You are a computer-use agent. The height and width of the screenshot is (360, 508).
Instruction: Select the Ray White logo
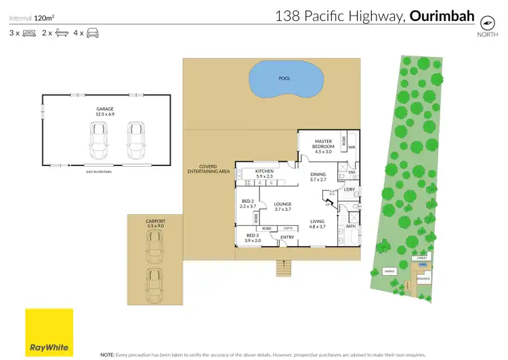(x=49, y=332)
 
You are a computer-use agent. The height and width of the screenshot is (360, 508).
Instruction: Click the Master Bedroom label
(x=323, y=144)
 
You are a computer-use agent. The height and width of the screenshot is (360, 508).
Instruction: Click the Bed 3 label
(x=251, y=237)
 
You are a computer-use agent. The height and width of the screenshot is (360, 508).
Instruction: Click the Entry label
(x=287, y=237)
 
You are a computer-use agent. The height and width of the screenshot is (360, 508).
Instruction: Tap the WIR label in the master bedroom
(x=352, y=146)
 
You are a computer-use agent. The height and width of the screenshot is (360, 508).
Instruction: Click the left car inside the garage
(x=100, y=139)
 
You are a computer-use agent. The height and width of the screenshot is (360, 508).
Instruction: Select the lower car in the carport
(x=154, y=284)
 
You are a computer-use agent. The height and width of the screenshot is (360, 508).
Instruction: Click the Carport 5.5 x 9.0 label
(x=154, y=222)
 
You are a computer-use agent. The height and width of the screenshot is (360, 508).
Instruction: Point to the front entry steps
(x=283, y=268)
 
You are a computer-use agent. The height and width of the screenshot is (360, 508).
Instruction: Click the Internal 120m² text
(x=32, y=12)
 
